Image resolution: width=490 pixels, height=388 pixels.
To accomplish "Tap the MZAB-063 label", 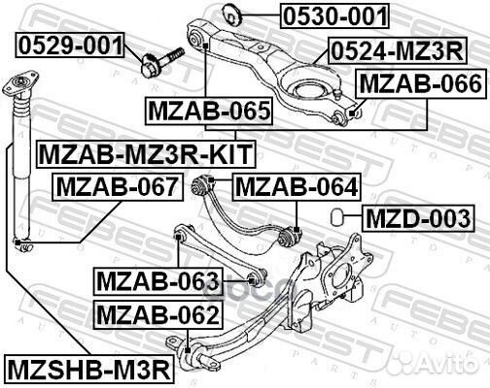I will point(157,282).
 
